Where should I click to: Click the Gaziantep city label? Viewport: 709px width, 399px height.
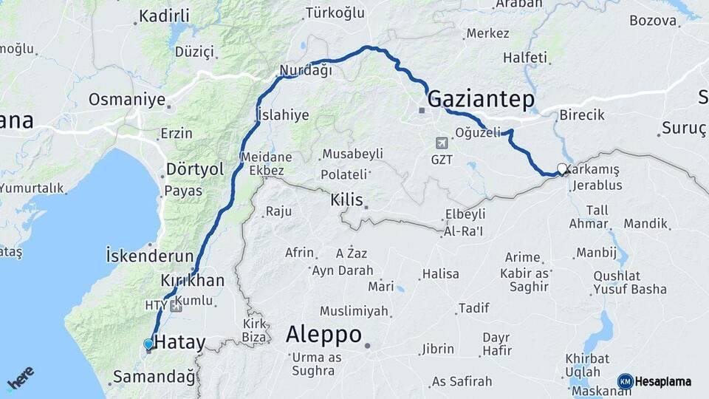point(480,99)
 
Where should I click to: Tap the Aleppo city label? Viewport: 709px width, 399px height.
point(323,335)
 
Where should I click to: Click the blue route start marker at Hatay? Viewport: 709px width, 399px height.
point(148,344)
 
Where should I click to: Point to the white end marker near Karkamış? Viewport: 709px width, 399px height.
point(563,168)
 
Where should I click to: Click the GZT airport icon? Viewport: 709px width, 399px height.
point(442,143)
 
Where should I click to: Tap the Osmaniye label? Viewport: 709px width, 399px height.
point(126,99)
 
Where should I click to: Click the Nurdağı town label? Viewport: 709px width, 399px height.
point(305,71)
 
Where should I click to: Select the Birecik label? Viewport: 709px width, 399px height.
point(582,115)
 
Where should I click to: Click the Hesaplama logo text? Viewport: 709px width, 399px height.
point(662,381)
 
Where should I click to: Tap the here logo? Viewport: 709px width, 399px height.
point(21,378)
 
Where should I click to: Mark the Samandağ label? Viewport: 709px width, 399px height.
point(154,378)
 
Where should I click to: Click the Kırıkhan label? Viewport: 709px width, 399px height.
point(192,281)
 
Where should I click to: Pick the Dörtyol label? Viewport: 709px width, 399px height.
point(195,169)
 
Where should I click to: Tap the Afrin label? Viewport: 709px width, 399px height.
point(299,253)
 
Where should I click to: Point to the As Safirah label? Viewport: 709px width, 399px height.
point(462,381)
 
